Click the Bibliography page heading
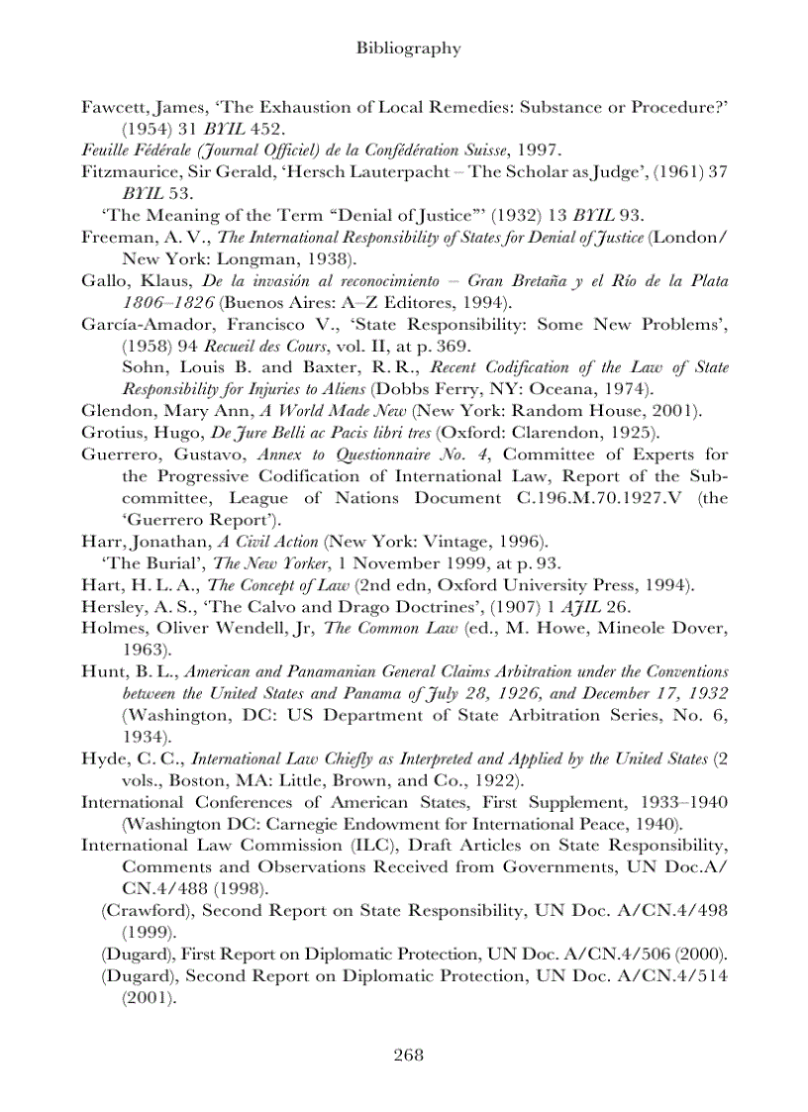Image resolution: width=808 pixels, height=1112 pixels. [408, 48]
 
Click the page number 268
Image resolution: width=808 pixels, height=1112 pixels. [408, 1054]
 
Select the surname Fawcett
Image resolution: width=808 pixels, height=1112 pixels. [112, 108]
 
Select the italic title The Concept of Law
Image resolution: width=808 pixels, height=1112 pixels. [278, 584]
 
